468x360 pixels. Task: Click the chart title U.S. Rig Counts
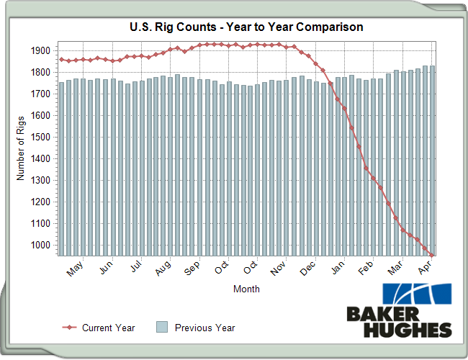click(x=246, y=27)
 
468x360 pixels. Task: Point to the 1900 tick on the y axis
click(x=40, y=51)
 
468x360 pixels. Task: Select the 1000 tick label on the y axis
click(x=40, y=246)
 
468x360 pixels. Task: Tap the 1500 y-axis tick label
click(x=40, y=138)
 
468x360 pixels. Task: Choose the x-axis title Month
click(x=246, y=289)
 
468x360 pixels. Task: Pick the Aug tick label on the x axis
click(x=163, y=269)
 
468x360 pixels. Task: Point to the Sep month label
click(x=192, y=269)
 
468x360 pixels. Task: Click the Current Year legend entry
click(x=108, y=328)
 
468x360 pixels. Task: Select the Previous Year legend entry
click(x=204, y=328)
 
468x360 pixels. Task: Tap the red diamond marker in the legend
click(x=69, y=328)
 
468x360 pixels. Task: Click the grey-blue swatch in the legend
click(x=162, y=328)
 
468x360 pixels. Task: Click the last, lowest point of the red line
click(x=431, y=255)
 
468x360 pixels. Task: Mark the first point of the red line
click(x=61, y=59)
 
